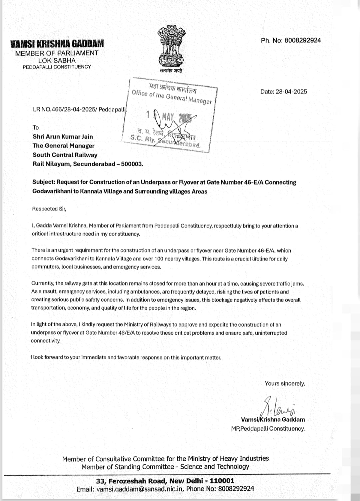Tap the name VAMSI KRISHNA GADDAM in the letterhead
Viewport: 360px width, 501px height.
click(57, 44)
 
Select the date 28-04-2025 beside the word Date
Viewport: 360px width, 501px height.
click(291, 92)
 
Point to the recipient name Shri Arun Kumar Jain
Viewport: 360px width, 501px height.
click(63, 137)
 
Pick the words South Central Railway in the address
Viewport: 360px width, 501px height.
click(65, 155)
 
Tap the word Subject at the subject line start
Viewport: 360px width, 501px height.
click(43, 182)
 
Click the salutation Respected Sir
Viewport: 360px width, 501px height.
click(49, 209)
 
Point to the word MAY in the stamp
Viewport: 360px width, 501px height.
click(168, 117)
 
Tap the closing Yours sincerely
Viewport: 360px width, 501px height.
click(285, 384)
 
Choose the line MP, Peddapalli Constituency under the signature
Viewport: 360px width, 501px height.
click(268, 429)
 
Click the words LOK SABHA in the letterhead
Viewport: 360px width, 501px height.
click(57, 60)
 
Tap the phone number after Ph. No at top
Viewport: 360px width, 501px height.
click(303, 40)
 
